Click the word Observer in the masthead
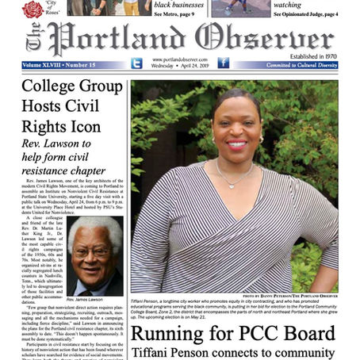click(261, 38)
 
